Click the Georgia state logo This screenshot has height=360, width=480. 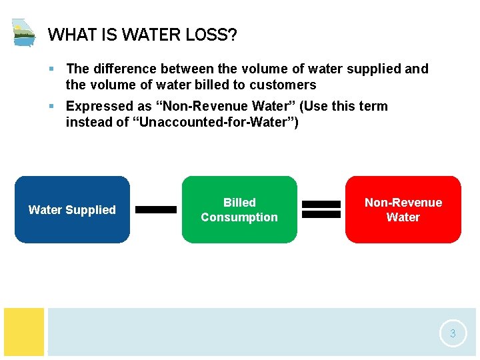coord(23,32)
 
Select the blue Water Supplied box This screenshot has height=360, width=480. coord(72,209)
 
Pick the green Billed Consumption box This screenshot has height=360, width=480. coord(239,209)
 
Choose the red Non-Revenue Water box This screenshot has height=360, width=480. coord(403,209)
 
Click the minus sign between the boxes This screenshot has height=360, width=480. coord(156,209)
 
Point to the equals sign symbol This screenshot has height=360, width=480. coord(321,209)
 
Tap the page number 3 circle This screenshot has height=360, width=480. coord(453,333)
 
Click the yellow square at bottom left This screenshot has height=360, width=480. coord(24,331)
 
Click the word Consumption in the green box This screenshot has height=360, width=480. coord(239,217)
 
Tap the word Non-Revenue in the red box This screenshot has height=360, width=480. coord(403,202)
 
